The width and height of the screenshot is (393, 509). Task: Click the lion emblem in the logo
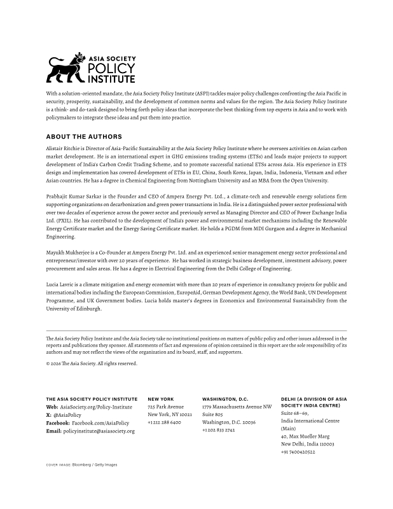point(65,69)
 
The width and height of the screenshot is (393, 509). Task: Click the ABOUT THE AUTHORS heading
point(84,137)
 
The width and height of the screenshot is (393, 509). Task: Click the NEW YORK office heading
point(160,399)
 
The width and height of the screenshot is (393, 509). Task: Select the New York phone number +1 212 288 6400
point(164,422)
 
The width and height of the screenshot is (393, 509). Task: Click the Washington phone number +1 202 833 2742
point(218,430)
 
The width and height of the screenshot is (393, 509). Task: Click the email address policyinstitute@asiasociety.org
point(99,431)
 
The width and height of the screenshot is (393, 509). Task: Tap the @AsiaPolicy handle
point(66,414)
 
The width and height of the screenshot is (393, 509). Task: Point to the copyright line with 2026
point(91,363)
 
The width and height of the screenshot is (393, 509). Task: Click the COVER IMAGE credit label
point(57,465)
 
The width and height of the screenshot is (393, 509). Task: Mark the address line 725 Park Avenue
point(165,407)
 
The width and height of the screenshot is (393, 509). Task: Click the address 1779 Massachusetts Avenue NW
point(237,407)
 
